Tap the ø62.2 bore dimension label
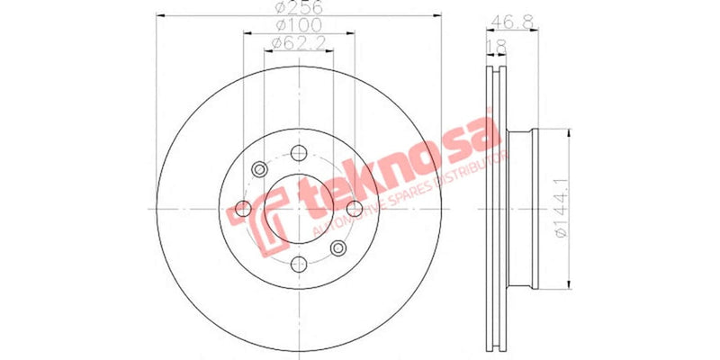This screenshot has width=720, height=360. point(299,44)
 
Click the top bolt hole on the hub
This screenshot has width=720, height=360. point(298,154)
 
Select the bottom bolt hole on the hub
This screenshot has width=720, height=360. point(298,264)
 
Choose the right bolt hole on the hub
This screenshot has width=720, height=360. point(354,209)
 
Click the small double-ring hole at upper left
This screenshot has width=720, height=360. point(259,168)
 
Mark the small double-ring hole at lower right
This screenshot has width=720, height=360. point(337,248)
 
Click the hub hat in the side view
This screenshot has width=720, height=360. point(522,209)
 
